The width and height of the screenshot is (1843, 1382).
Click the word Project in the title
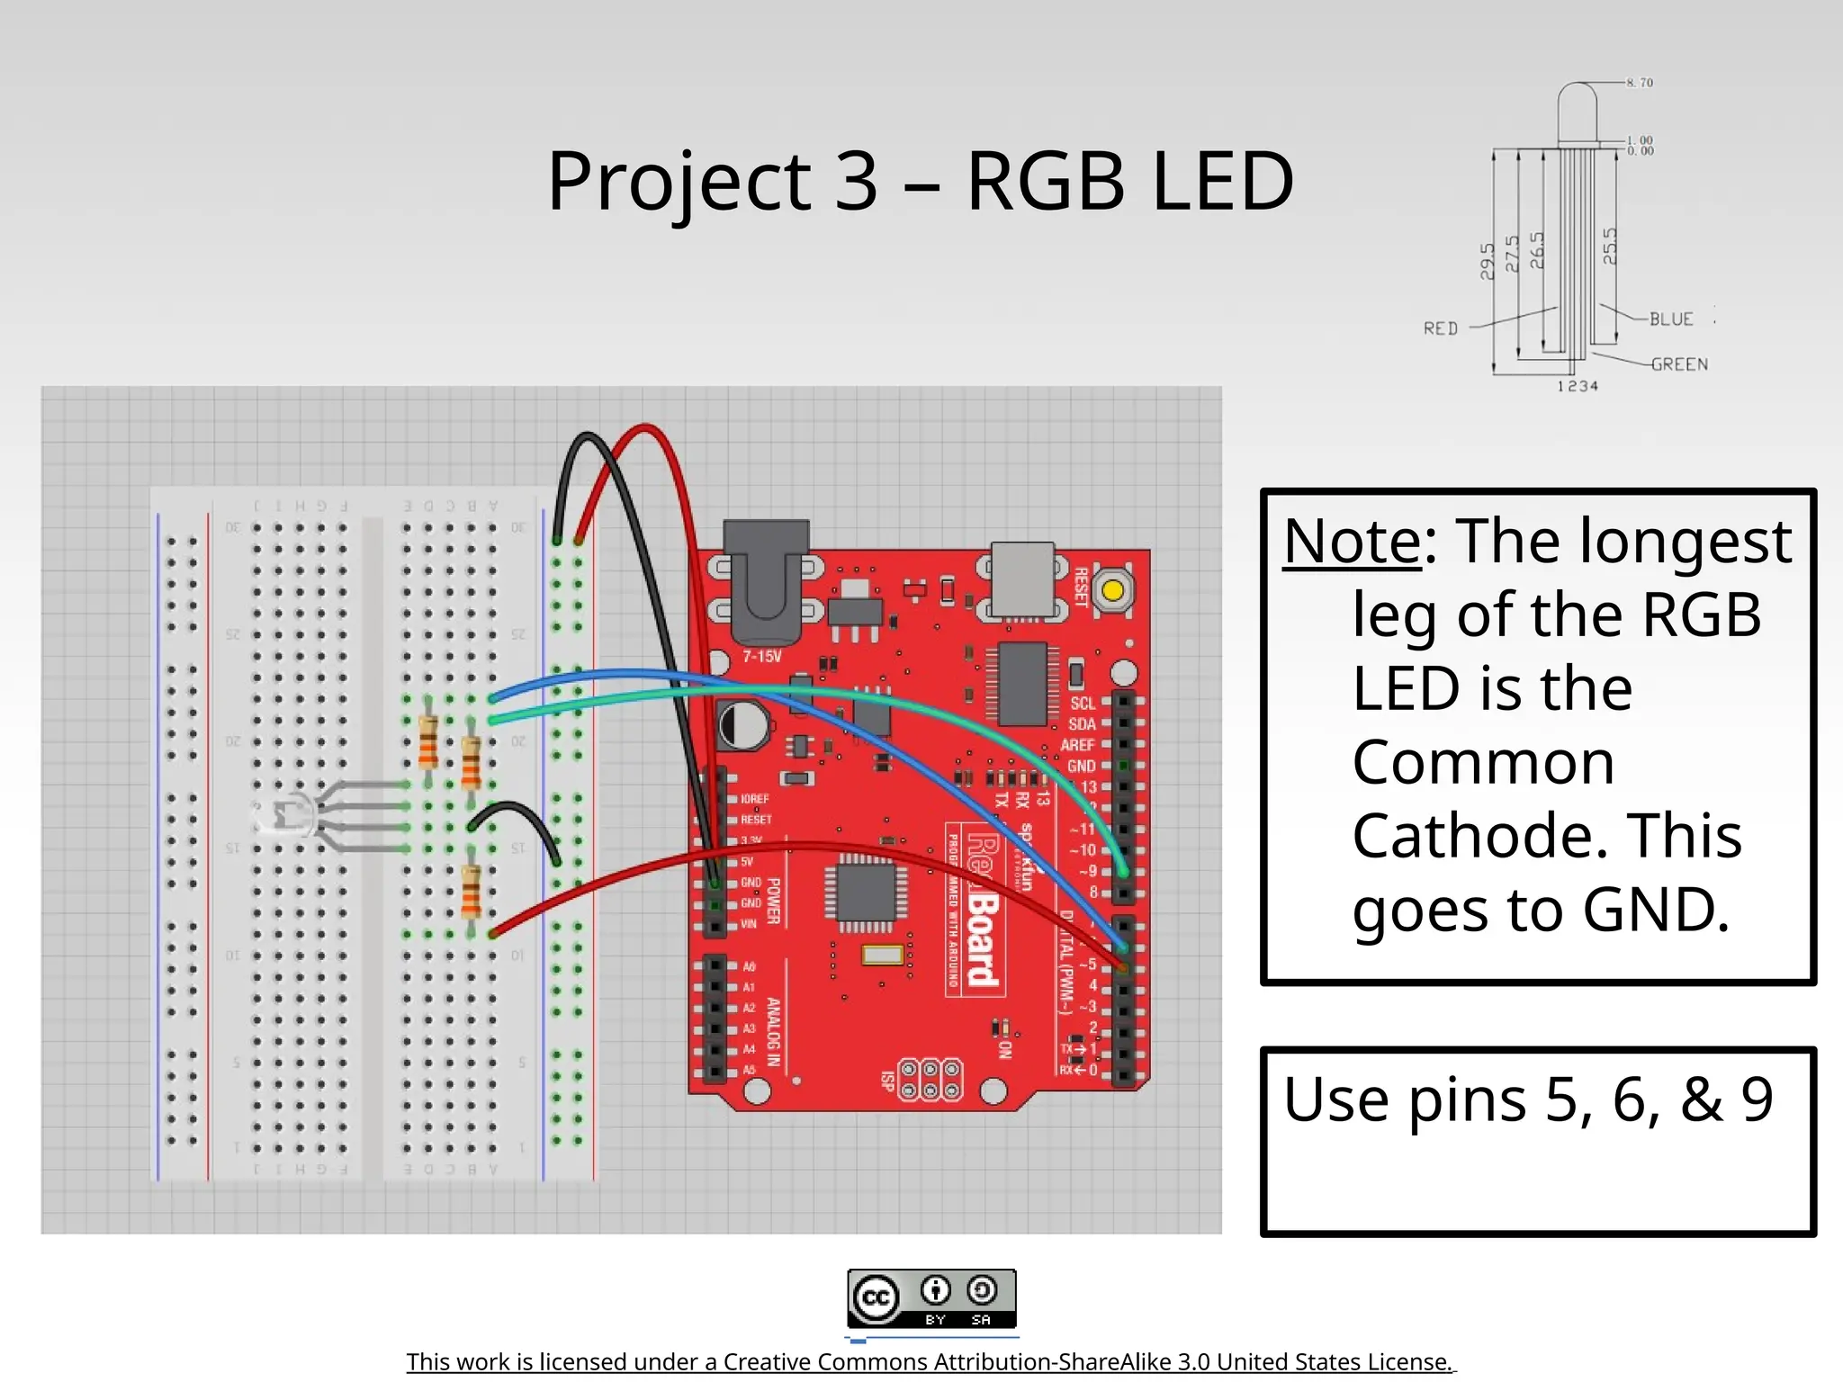[x=679, y=183]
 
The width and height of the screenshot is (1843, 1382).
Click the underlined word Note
[x=1352, y=542]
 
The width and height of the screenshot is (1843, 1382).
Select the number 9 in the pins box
[x=1756, y=1099]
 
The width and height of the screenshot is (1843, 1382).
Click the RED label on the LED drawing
[x=1440, y=328]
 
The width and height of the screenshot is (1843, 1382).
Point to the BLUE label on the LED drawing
[x=1671, y=319]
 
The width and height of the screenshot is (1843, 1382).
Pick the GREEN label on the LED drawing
[x=1678, y=364]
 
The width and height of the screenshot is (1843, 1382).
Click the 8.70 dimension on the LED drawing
[x=1640, y=83]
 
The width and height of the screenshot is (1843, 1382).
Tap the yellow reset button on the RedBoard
[x=1112, y=591]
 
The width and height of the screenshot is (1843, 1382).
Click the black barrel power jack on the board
[x=766, y=576]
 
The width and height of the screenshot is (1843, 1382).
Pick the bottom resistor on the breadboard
[x=470, y=891]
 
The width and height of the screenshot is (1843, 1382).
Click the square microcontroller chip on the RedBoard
[x=866, y=893]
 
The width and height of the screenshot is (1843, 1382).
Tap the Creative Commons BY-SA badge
[x=931, y=1298]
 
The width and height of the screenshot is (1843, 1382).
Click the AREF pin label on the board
[x=1076, y=745]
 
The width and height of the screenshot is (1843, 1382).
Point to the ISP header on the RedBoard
[x=930, y=1080]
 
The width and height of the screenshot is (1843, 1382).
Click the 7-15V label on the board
[x=761, y=657]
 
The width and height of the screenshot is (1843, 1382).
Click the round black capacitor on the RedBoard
[x=743, y=725]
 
